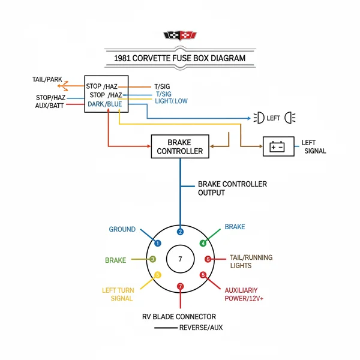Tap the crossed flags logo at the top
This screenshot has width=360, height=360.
pos(179,37)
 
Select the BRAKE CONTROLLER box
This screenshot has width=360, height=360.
pos(180,146)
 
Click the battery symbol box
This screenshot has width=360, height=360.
pos(278,146)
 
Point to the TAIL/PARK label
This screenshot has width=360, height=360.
pos(47,79)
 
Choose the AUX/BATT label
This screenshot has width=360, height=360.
pos(50,106)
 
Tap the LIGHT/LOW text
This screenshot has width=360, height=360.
pos(171,101)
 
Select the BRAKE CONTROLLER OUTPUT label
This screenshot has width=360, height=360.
pos(232,188)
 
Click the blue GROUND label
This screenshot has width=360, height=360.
pos(122,229)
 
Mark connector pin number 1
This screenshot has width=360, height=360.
pos(158,243)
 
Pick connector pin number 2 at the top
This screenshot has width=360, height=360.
pos(180,232)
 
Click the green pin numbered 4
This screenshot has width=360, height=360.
pos(203,243)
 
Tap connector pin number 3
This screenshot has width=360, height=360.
pos(153,259)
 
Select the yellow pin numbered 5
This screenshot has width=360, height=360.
pos(157,275)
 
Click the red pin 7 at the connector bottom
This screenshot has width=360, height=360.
pos(180,286)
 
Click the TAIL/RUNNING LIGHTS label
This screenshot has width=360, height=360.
pos(250,261)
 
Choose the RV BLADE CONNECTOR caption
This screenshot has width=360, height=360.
pos(179,316)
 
